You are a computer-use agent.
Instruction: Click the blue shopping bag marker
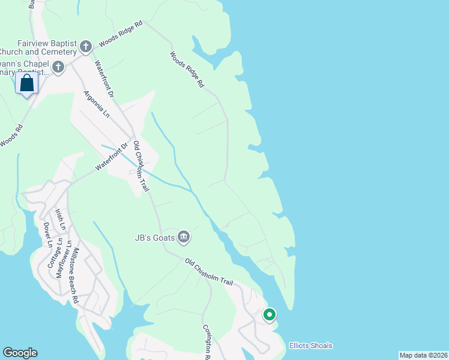pos(27,83)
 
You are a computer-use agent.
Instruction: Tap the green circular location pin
pos(270,314)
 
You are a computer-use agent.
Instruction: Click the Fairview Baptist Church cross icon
pos(86,46)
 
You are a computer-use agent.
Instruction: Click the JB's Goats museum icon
pos(184,238)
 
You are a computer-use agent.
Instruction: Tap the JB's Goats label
pos(154,238)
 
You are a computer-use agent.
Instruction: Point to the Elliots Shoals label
pos(310,346)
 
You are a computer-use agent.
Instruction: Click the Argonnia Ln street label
pos(97,104)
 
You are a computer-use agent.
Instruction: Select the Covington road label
pos(206,342)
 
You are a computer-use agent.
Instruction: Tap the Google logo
pos(20,353)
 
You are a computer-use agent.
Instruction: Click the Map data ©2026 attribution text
pos(423,355)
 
